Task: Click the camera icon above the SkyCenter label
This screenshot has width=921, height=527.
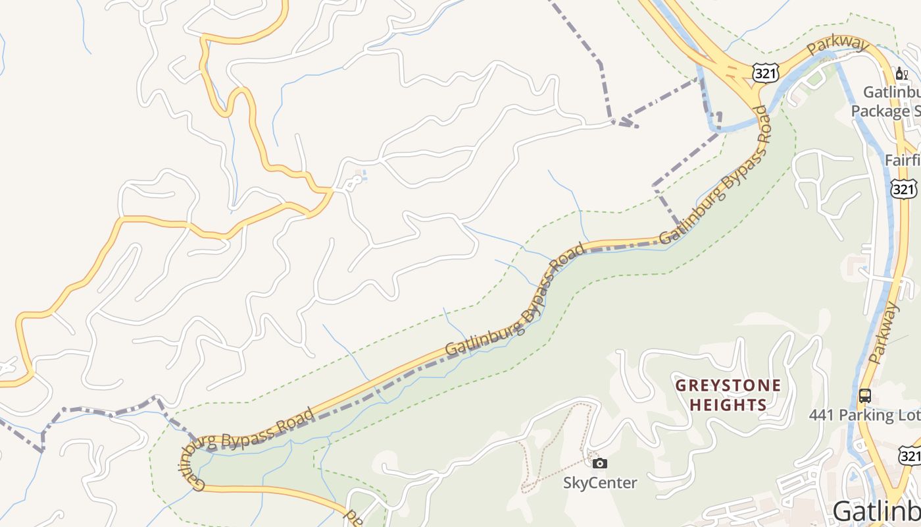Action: (x=599, y=463)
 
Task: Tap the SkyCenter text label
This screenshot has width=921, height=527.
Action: (x=599, y=483)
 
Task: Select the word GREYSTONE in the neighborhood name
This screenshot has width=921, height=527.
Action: (x=728, y=385)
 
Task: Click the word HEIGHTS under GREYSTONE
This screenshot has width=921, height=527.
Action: (x=728, y=404)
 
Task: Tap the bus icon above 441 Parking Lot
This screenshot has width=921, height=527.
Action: (x=865, y=396)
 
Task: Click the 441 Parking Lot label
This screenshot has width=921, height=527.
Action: (x=862, y=416)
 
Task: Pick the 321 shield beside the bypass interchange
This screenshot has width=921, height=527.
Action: (x=766, y=73)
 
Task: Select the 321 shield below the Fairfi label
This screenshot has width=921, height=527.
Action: (x=904, y=188)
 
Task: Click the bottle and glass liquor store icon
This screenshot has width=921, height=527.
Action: (x=901, y=74)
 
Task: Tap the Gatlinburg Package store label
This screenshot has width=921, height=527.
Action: (x=885, y=101)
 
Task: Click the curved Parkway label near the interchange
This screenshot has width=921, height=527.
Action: (x=837, y=46)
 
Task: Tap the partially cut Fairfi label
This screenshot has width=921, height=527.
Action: (x=901, y=160)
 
